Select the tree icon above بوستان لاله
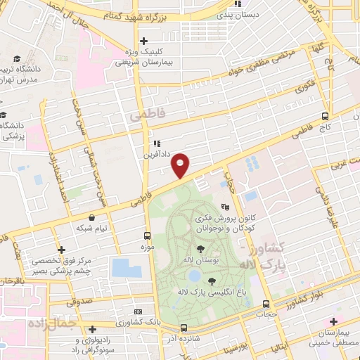click(201, 249)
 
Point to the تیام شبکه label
click(93, 229)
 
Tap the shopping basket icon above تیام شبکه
click(93, 217)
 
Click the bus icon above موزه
click(147, 236)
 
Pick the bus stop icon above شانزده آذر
click(184, 328)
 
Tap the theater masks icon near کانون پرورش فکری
click(225, 207)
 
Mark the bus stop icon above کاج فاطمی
click(324, 116)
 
